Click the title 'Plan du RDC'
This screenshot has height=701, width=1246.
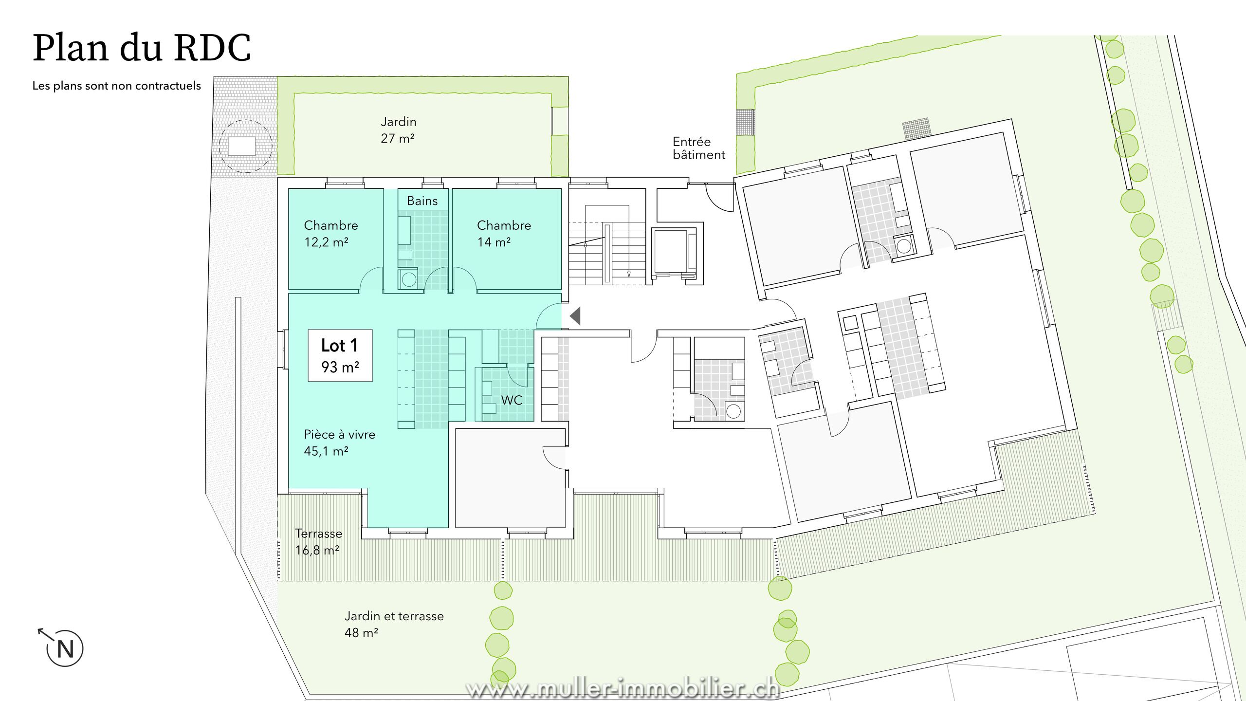[142, 48]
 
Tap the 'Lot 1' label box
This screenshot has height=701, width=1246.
[340, 355]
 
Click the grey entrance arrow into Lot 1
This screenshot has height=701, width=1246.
[575, 316]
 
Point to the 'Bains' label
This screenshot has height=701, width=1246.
[422, 201]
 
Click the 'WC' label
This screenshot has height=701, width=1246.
[512, 400]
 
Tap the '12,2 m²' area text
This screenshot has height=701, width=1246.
[326, 242]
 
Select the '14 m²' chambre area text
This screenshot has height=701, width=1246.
[494, 242]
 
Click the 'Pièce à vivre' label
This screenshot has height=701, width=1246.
[340, 434]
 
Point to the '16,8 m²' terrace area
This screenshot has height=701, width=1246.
[317, 550]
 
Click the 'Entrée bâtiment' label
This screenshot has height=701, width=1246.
[699, 148]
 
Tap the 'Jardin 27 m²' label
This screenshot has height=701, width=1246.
[398, 130]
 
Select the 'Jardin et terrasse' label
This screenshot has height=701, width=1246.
[394, 616]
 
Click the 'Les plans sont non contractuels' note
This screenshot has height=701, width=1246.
[117, 86]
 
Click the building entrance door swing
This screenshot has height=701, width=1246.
[720, 197]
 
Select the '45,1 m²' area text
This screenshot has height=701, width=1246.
[326, 451]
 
